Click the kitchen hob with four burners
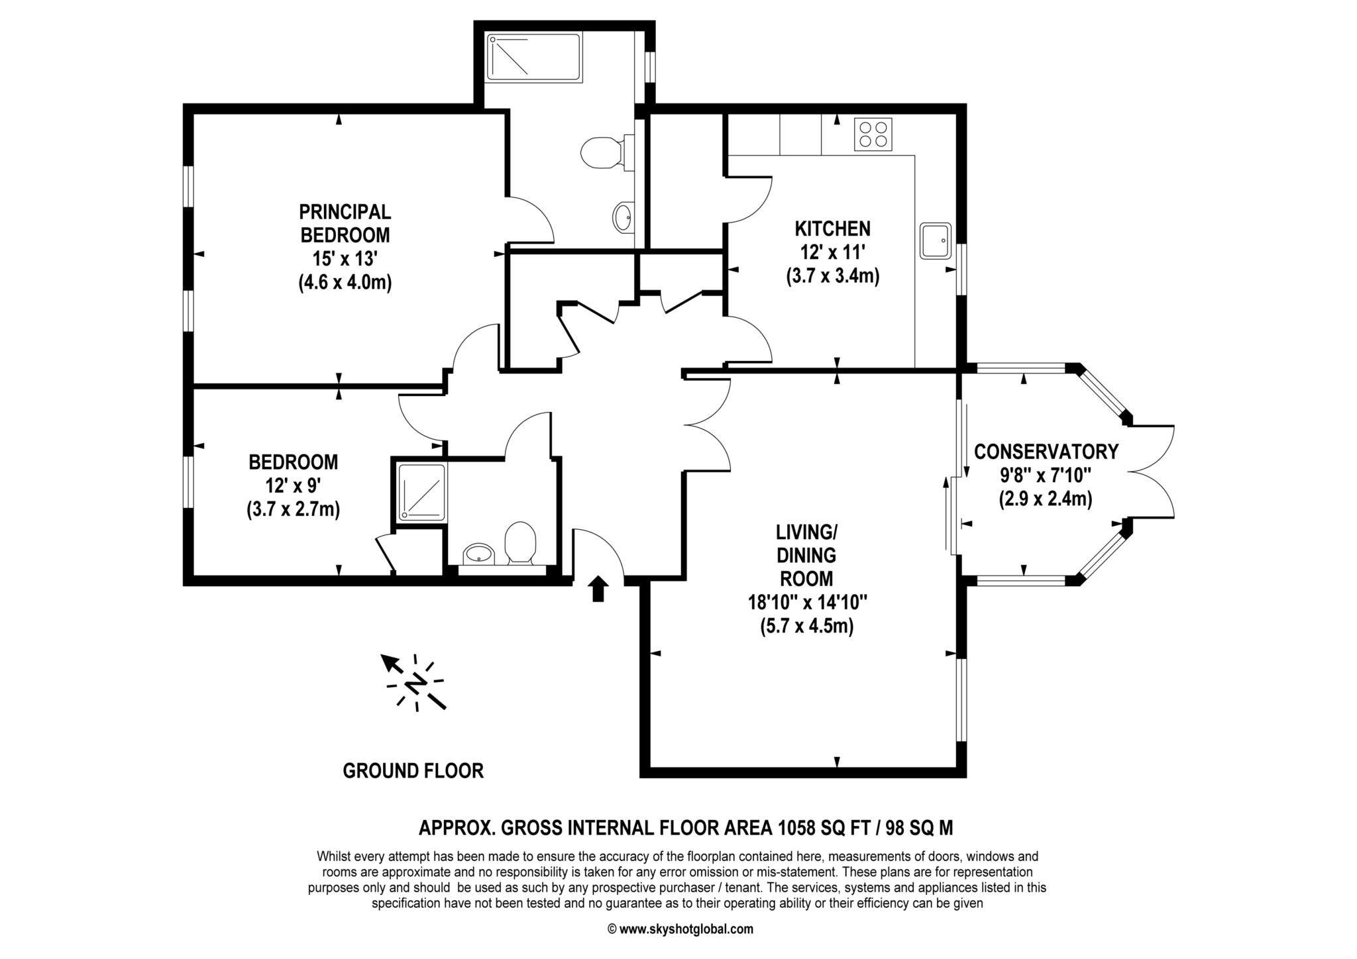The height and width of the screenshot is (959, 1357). [x=873, y=134]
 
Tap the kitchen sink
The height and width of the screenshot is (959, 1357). [x=936, y=240]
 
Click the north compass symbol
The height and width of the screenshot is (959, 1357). [x=415, y=682]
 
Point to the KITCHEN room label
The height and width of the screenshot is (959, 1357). [x=832, y=229]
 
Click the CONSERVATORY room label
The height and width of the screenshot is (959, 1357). [x=1046, y=452]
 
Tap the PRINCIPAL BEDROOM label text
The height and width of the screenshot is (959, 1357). [x=345, y=223]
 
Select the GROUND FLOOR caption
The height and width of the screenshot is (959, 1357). [x=413, y=771]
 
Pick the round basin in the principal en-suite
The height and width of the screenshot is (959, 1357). [x=622, y=217]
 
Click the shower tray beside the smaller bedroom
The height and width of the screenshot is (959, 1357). [x=421, y=491]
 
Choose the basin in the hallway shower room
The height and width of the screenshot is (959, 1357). [x=478, y=553]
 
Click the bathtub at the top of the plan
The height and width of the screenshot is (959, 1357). [x=534, y=58]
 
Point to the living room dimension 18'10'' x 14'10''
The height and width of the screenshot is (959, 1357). [x=807, y=603]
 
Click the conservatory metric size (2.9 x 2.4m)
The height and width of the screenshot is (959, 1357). [x=1046, y=499]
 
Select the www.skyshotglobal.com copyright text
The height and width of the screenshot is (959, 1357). [x=680, y=929]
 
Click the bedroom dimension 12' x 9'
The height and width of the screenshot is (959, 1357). [x=294, y=485]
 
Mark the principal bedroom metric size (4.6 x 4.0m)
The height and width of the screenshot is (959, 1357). [x=345, y=283]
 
